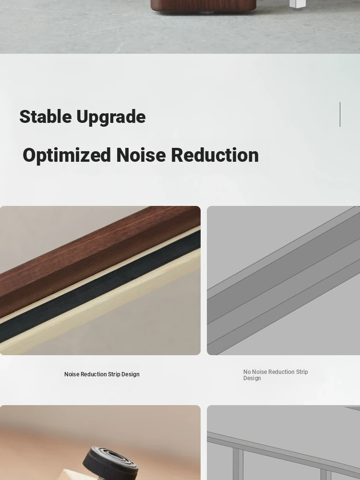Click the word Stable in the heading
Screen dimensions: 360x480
coord(46,117)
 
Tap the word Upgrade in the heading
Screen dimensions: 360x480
coord(111,117)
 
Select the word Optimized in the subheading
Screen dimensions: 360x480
coord(67,156)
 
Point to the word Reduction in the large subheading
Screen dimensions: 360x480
coord(215,155)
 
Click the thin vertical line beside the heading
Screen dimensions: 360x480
coord(340,114)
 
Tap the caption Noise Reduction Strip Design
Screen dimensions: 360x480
coord(102,374)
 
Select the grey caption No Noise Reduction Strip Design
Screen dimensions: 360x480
coord(276,375)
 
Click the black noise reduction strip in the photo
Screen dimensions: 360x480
coord(101,287)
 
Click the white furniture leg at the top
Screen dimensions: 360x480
coord(297,4)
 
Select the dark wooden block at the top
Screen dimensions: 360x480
coord(203,6)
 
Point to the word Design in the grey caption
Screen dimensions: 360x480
coord(252,378)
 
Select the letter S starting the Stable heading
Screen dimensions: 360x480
coord(24,117)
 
